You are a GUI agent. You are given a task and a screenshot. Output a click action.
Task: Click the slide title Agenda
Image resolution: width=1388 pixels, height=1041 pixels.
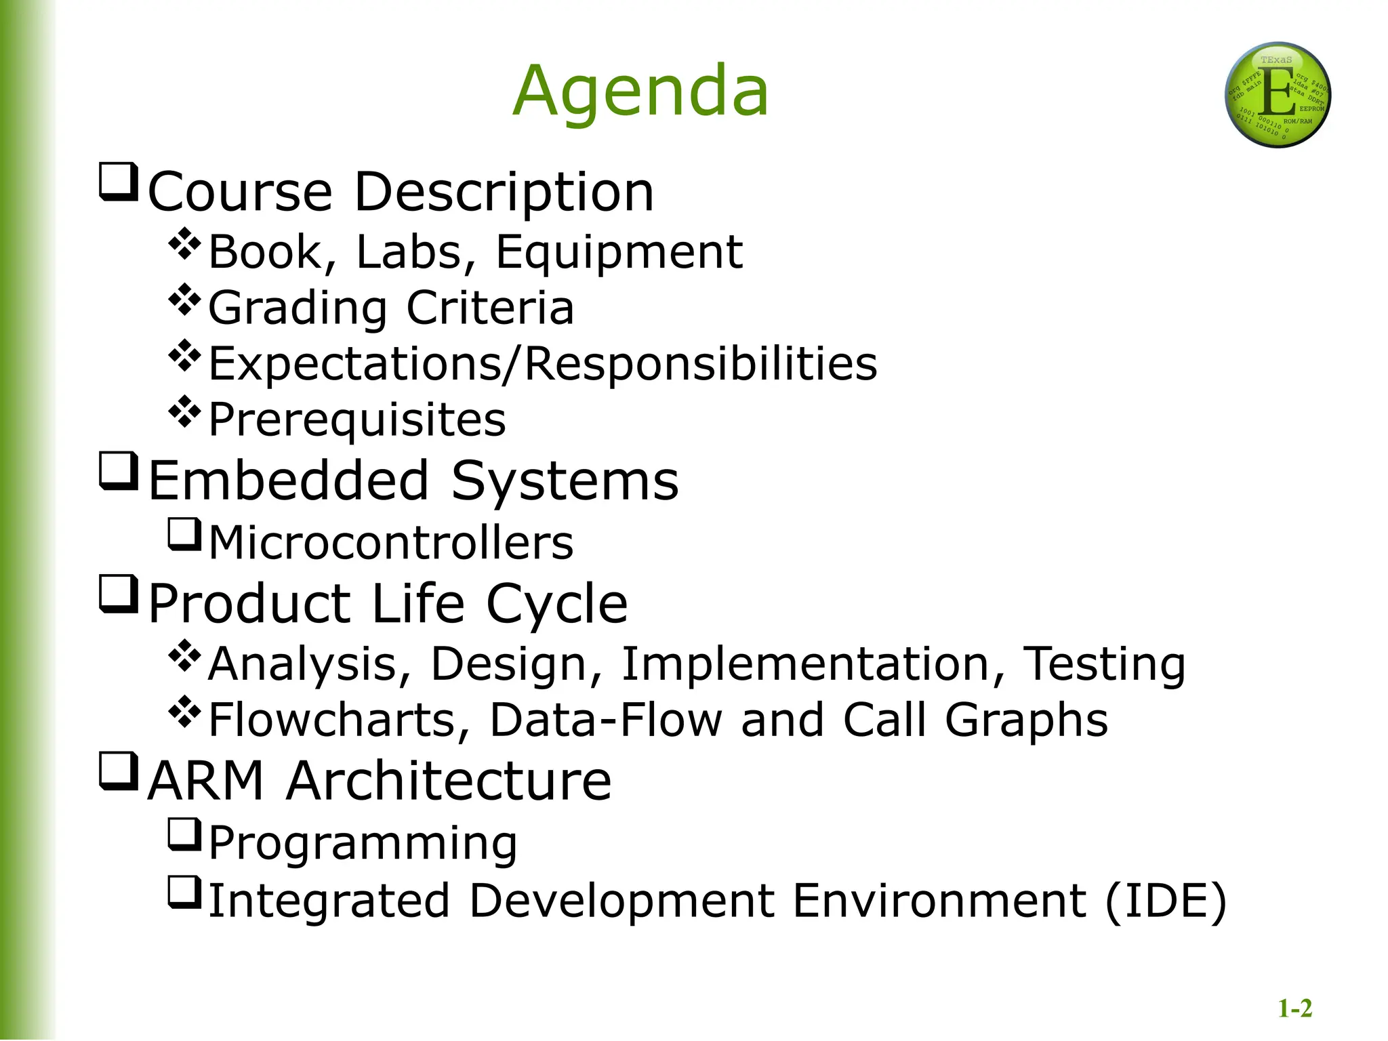(640, 91)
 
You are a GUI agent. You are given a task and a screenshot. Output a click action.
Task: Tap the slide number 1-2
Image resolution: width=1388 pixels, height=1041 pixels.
(1294, 1008)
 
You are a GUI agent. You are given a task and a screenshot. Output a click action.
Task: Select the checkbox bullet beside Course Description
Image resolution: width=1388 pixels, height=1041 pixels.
(119, 182)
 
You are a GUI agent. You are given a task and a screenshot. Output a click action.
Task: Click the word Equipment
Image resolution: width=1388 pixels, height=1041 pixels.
(619, 252)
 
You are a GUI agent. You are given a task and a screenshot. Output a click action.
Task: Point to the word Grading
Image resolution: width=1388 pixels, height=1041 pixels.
(298, 308)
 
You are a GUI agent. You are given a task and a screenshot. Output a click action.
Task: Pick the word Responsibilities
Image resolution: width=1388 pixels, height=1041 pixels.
(701, 364)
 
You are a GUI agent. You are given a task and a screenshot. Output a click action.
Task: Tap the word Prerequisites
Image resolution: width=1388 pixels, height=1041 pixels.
(357, 420)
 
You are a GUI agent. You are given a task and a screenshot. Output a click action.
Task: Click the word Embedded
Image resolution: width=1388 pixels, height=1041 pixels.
(289, 481)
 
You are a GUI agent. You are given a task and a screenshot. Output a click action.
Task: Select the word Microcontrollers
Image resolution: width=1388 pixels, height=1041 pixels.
(391, 543)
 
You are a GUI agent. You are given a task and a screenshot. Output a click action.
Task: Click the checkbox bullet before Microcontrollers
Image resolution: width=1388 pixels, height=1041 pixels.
(184, 535)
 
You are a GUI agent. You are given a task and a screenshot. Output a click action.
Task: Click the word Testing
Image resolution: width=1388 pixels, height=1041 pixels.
(1104, 664)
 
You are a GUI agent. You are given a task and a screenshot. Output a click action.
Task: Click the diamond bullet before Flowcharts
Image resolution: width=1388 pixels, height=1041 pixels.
(184, 712)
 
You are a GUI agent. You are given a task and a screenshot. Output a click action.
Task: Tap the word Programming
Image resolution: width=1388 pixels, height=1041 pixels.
(363, 844)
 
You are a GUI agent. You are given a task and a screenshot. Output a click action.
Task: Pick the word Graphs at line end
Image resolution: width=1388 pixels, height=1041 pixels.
(1026, 721)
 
